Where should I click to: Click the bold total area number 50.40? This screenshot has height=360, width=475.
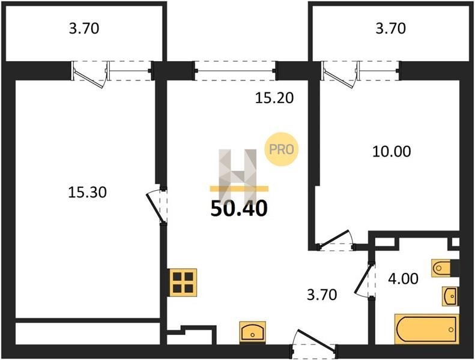[239, 209]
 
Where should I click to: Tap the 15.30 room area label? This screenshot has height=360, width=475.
[87, 192]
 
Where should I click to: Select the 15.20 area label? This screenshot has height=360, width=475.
[274, 98]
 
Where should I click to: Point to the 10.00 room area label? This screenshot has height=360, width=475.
[392, 151]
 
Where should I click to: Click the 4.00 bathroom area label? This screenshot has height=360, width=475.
[403, 278]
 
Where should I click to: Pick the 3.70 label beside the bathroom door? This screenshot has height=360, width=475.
[322, 295]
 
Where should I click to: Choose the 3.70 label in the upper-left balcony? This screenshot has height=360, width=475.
[84, 28]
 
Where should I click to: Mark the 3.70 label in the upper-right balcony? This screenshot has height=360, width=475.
[391, 28]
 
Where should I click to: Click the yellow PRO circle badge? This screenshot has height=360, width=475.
[282, 149]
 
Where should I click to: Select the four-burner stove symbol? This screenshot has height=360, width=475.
[183, 282]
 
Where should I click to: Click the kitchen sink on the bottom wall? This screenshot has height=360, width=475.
[253, 332]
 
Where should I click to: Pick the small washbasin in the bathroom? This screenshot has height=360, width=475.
[450, 296]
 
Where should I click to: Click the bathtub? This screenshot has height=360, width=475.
[427, 329]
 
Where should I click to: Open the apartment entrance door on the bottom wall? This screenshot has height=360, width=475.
[315, 342]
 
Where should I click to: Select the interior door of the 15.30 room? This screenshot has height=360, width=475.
[156, 206]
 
